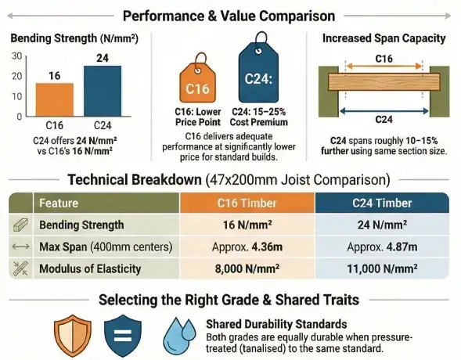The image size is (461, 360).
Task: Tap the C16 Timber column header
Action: (247, 203)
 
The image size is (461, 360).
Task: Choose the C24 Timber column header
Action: (381, 203)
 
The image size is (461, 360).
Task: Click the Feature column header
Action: (59, 203)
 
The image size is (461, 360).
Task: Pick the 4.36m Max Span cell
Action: (247, 247)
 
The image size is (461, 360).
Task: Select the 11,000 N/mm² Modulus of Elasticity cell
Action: (381, 268)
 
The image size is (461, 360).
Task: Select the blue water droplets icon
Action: (180, 336)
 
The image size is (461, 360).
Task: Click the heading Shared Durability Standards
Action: (271, 322)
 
